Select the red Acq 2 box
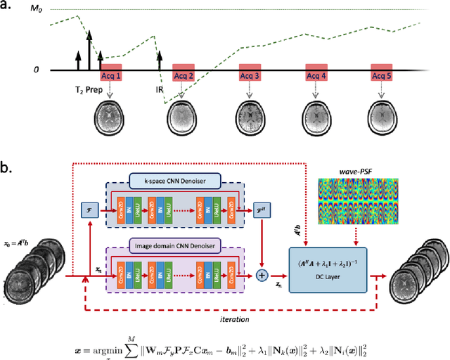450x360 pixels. click(x=184, y=76)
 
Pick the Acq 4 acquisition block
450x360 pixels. click(x=316, y=76)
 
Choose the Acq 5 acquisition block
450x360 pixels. click(x=382, y=76)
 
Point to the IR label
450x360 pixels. click(x=160, y=91)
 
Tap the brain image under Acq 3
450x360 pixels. click(x=249, y=115)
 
